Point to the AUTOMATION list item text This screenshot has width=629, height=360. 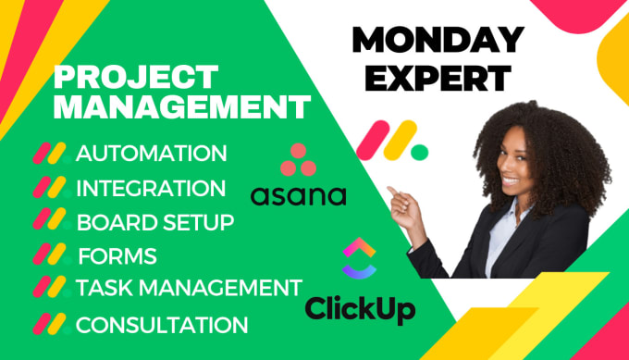[x=151, y=153]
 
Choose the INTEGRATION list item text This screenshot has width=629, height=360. [x=151, y=188]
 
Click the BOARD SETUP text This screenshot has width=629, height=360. [x=154, y=222]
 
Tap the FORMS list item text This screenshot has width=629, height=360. [x=117, y=255]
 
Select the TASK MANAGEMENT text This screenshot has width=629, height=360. [x=189, y=289]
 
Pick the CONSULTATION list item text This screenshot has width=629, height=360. [x=162, y=325]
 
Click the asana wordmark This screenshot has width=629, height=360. [x=299, y=194]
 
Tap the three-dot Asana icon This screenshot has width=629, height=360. [x=299, y=159]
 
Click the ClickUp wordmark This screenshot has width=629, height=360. [x=360, y=308]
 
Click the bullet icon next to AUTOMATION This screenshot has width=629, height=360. [x=52, y=154]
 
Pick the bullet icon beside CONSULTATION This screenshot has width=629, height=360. [x=51, y=325]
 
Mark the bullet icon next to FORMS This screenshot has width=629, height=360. [x=52, y=255]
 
